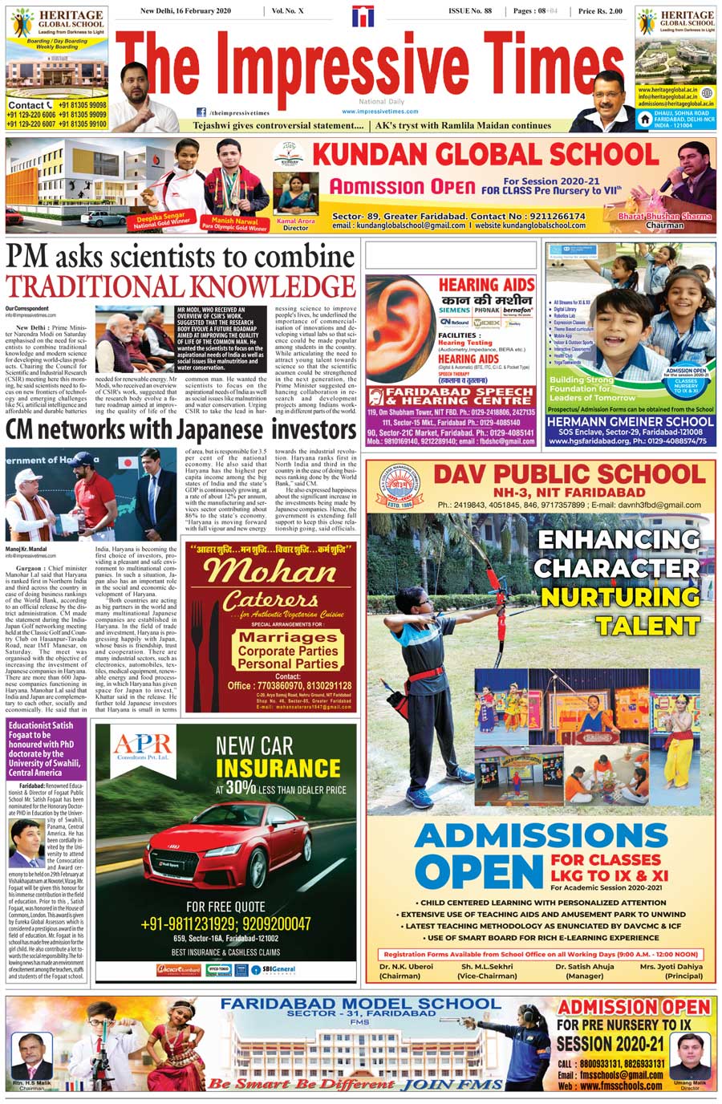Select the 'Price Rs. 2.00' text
tap(599, 11)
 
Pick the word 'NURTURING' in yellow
tap(619, 597)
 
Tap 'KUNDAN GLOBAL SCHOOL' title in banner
tap(485, 156)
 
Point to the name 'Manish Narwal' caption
tap(235, 221)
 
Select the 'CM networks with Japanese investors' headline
tap(180, 430)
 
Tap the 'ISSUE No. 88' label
tap(469, 11)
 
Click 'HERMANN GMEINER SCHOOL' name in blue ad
tap(631, 420)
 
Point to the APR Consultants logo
tap(141, 748)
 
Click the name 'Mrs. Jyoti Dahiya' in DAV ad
tap(671, 967)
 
